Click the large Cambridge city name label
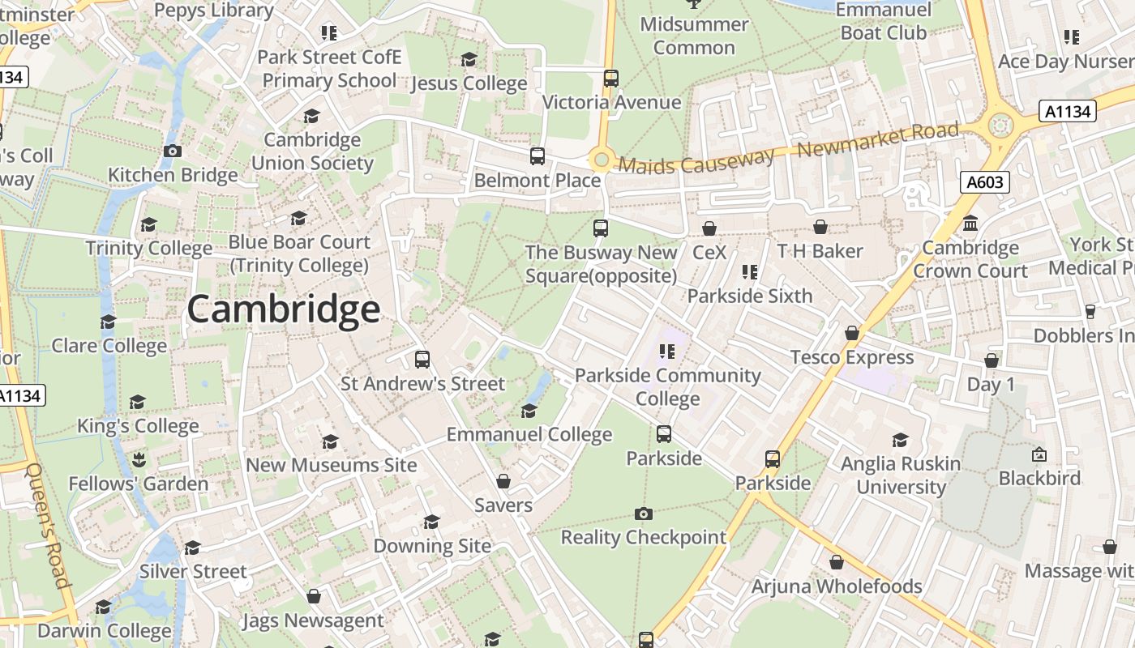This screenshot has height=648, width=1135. click(x=283, y=309)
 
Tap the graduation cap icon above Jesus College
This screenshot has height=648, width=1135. click(x=469, y=59)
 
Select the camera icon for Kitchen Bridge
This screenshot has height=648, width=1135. click(x=172, y=151)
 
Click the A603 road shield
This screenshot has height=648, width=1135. click(x=985, y=182)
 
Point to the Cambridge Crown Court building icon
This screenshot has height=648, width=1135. click(x=970, y=224)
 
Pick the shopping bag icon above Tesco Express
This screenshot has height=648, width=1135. click(x=851, y=333)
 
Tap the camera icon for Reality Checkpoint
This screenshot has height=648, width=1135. click(x=644, y=514)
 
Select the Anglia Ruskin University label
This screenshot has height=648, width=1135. click(x=901, y=475)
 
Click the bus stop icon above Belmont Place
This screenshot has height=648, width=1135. click(x=537, y=156)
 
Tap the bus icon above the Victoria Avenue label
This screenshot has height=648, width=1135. click(x=611, y=79)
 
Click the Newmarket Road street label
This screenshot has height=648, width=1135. click(x=878, y=140)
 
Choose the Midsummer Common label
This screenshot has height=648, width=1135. click(x=694, y=36)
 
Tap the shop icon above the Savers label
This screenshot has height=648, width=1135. click(x=503, y=482)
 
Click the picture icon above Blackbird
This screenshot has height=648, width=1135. click(x=1039, y=454)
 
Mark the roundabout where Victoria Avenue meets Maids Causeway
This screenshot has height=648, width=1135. click(x=601, y=160)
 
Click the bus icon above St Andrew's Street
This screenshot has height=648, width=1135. click(x=422, y=360)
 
